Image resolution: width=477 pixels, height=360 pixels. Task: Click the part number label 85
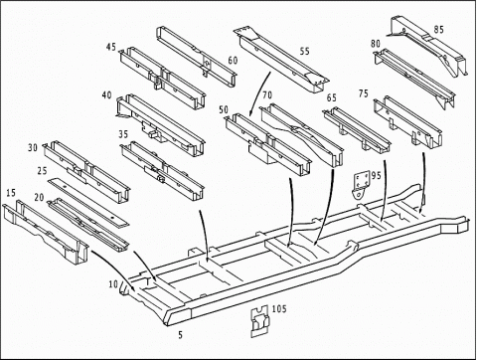438,30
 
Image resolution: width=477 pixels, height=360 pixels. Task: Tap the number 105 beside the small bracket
279,309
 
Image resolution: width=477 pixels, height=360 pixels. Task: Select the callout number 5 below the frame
180,335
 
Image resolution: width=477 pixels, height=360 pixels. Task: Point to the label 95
377,175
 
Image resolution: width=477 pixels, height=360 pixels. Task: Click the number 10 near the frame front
113,284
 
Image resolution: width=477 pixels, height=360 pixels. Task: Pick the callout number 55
304,51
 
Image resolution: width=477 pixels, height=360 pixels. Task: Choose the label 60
233,61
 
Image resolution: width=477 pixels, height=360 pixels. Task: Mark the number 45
111,47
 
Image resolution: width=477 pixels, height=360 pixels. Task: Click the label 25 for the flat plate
43,171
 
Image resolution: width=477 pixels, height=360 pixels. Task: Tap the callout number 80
376,44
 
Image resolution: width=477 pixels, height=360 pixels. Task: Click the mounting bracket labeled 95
361,185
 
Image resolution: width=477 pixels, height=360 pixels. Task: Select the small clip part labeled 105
259,321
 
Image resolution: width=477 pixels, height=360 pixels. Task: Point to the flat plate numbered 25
87,202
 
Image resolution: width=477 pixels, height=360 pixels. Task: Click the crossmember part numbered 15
46,232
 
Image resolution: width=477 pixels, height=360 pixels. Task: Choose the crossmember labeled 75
408,122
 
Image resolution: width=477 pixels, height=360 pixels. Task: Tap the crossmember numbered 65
357,128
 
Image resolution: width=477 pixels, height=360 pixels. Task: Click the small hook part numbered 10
124,287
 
